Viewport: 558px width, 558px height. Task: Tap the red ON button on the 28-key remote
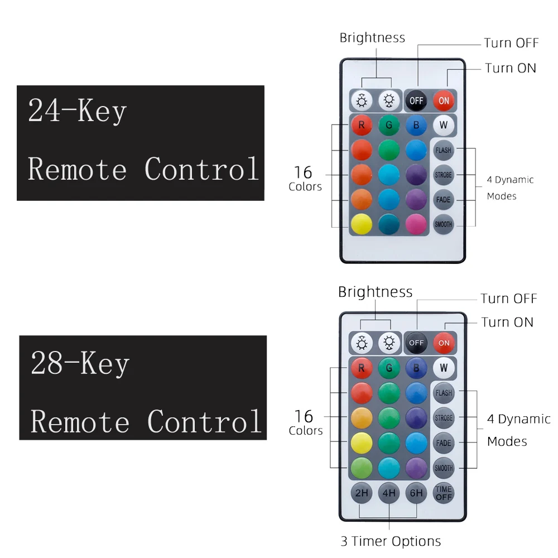[444, 343]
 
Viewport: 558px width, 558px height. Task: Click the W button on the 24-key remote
[444, 126]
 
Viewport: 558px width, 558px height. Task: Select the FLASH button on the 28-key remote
[444, 393]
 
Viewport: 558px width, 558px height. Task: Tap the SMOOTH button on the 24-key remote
[444, 224]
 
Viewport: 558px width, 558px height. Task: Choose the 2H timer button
[362, 493]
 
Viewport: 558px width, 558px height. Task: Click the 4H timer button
[389, 493]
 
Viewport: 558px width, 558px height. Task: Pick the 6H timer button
[416, 493]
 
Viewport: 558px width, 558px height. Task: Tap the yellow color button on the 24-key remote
[362, 224]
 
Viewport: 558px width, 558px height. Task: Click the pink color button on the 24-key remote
[416, 224]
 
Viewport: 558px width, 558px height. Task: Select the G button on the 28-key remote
[389, 368]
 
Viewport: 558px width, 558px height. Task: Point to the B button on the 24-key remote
[416, 126]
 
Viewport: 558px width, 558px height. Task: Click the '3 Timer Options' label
[391, 541]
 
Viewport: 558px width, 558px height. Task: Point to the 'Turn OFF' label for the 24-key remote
[511, 43]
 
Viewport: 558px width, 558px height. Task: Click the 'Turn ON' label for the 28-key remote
[507, 322]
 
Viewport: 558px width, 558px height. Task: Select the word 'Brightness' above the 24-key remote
[372, 38]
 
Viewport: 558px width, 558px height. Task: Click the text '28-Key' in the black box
[80, 364]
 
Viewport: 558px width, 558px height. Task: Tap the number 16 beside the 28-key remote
[304, 416]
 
